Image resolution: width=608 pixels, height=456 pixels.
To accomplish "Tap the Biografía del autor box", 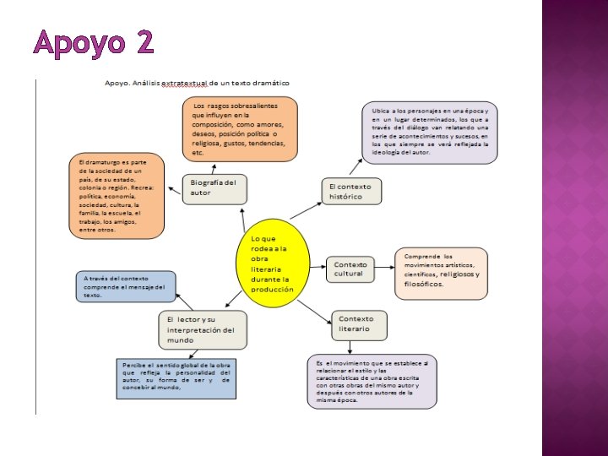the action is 214,188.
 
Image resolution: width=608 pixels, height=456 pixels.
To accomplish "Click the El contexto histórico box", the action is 351,191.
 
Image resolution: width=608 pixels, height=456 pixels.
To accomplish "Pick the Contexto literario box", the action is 358,324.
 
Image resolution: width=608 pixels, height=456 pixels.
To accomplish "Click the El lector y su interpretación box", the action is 203,329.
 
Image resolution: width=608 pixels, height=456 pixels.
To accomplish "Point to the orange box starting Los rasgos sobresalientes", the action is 240,128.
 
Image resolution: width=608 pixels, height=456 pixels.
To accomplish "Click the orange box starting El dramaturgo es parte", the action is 115,195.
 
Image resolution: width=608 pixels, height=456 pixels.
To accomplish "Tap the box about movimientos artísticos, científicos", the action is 442,273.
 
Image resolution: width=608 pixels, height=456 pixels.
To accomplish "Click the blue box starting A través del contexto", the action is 126,286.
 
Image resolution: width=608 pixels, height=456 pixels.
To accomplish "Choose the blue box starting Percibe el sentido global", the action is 176,378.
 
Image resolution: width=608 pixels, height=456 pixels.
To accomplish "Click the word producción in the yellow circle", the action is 272,289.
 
